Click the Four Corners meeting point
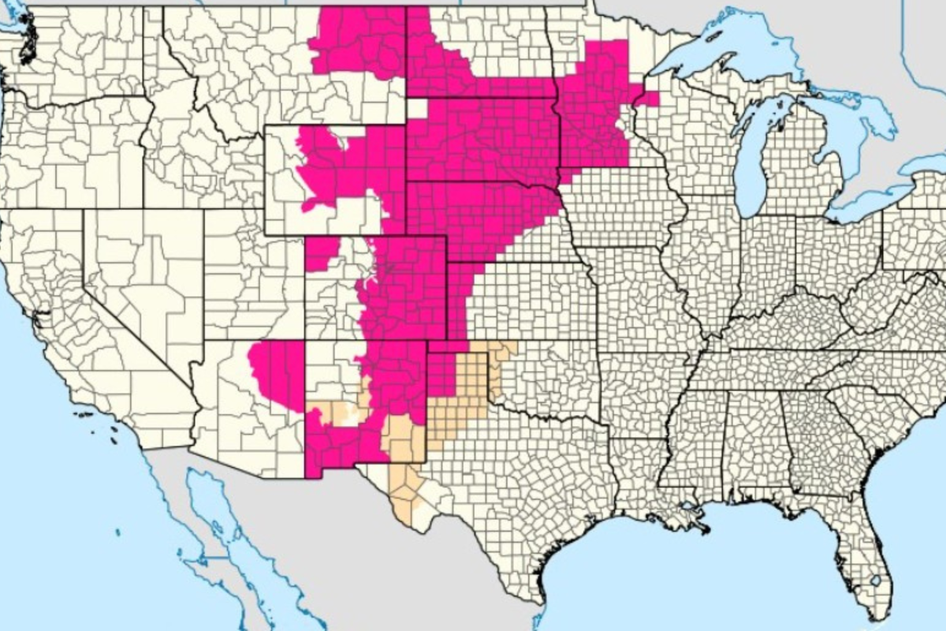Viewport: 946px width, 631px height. pos(305,341)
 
